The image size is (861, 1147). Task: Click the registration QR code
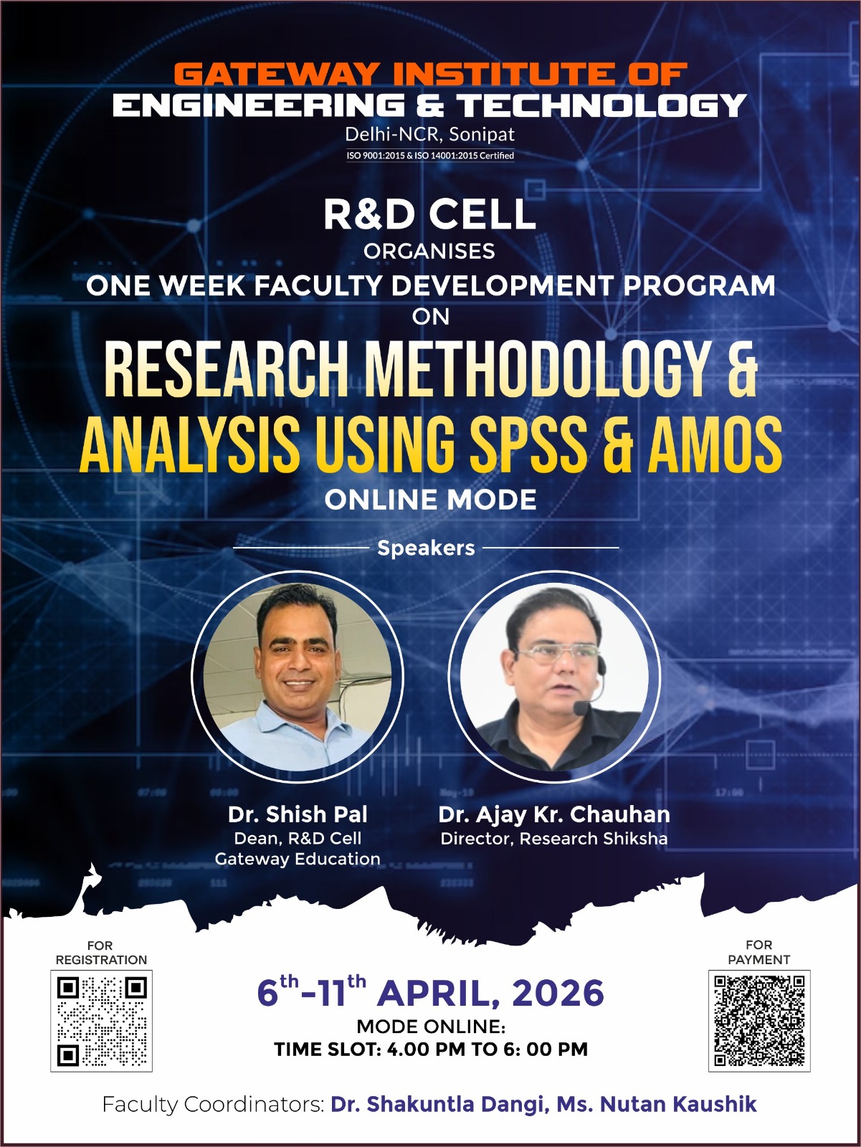tap(101, 1020)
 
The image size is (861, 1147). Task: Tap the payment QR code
tap(758, 1020)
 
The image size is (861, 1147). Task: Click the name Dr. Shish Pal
tap(298, 814)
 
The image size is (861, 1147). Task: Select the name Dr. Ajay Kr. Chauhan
tap(554, 814)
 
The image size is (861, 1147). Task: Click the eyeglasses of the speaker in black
tap(557, 652)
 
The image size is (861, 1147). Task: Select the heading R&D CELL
tap(429, 214)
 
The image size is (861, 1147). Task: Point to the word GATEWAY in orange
tap(276, 74)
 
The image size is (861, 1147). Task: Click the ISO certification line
tap(430, 156)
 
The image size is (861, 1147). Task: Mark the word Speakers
tap(426, 548)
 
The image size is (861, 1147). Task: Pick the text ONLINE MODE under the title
tap(430, 500)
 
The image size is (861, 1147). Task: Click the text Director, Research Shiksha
tap(553, 839)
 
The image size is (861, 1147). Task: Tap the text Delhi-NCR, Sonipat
tap(429, 134)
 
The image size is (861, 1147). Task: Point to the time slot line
tap(430, 1050)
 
